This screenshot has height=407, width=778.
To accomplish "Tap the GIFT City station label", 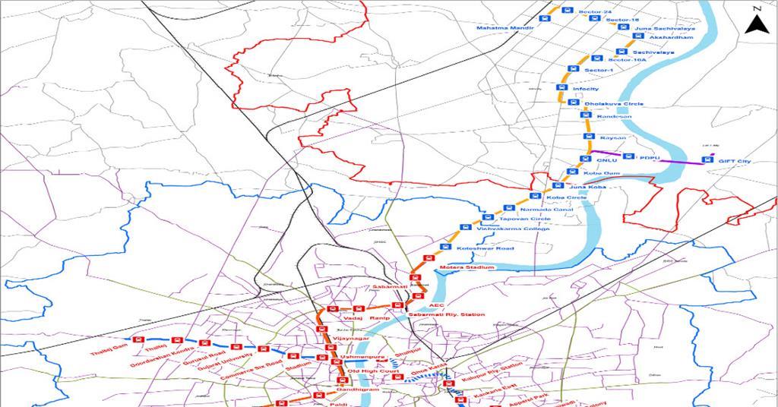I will [x=734, y=162].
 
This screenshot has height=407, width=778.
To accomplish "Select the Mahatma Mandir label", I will [x=506, y=28].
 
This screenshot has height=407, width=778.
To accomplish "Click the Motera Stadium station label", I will [x=466, y=268].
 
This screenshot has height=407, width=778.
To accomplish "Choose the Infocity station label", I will [x=586, y=89].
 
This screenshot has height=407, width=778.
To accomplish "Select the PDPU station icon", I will [x=628, y=156].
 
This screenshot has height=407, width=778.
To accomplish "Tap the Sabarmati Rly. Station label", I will [x=447, y=314].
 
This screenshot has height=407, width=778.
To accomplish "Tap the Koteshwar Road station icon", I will [x=446, y=248].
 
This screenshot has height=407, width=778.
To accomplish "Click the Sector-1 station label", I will [x=599, y=70].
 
